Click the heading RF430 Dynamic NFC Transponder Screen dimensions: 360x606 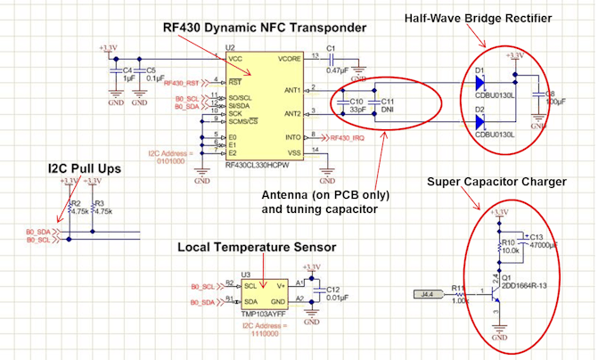click(264, 28)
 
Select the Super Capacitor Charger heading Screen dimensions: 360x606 click(496, 182)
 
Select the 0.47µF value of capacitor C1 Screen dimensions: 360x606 click(337, 69)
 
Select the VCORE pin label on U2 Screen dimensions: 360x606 click(289, 58)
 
